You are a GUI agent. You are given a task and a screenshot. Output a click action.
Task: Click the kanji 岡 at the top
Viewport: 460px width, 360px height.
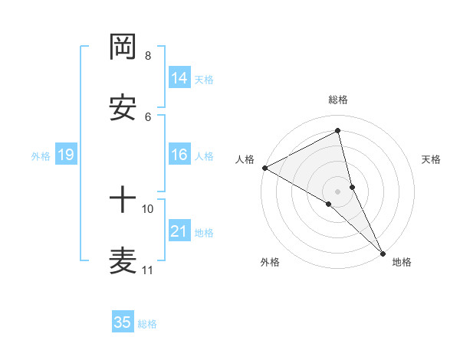point(123,47)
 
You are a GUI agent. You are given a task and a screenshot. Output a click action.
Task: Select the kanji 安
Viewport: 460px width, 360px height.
point(123,109)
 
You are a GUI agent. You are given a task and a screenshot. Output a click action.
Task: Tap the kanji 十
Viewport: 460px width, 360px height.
point(123,201)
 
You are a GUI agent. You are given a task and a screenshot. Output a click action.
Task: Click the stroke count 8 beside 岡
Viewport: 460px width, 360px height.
point(148,56)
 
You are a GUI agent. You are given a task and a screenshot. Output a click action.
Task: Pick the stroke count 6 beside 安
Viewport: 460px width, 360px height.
point(148,116)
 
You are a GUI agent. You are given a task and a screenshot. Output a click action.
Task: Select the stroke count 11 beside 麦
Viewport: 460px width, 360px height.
point(148,270)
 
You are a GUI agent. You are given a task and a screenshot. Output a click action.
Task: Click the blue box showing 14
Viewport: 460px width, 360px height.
point(179,77)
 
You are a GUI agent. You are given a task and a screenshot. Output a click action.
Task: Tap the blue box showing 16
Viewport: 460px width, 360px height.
point(179,155)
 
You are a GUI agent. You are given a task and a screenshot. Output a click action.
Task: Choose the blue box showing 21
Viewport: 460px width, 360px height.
point(179,231)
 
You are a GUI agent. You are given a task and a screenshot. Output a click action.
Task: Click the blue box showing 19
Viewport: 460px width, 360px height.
point(66,155)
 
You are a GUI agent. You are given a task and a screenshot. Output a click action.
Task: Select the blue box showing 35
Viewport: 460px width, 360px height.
point(123,322)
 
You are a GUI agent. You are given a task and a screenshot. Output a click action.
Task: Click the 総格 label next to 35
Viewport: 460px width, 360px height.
point(147,324)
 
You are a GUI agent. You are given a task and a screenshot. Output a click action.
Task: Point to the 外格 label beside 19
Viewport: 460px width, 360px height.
point(41,156)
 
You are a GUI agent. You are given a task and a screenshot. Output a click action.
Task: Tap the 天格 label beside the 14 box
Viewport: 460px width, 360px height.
point(204,79)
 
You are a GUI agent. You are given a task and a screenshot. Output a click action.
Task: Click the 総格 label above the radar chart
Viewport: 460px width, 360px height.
point(337,100)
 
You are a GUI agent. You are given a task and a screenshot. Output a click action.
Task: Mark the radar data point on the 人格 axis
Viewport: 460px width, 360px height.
point(264,168)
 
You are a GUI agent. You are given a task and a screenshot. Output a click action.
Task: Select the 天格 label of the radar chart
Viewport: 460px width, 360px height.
point(432,159)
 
